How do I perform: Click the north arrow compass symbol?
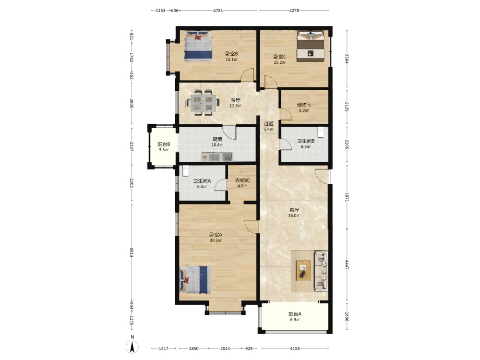click(132, 347)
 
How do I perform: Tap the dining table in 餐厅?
click(203, 103)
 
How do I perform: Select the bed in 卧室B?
click(198, 46)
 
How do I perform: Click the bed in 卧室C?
click(311, 46)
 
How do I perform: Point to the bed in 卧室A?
click(196, 279)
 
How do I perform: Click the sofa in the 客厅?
click(322, 271)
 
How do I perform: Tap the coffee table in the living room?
click(303, 271)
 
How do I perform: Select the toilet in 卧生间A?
click(185, 171)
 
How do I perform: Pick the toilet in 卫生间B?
click(321, 132)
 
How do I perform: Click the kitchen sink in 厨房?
click(227, 157)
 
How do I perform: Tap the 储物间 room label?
click(304, 105)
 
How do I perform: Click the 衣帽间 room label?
click(242, 180)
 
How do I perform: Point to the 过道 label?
click(269, 124)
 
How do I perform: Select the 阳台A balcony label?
click(295, 314)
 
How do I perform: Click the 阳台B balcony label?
click(164, 144)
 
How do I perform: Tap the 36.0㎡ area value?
click(294, 216)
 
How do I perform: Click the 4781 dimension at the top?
click(218, 11)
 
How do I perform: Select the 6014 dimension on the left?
click(132, 252)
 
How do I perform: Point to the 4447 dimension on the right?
click(347, 265)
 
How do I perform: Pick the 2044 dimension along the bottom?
click(225, 348)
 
